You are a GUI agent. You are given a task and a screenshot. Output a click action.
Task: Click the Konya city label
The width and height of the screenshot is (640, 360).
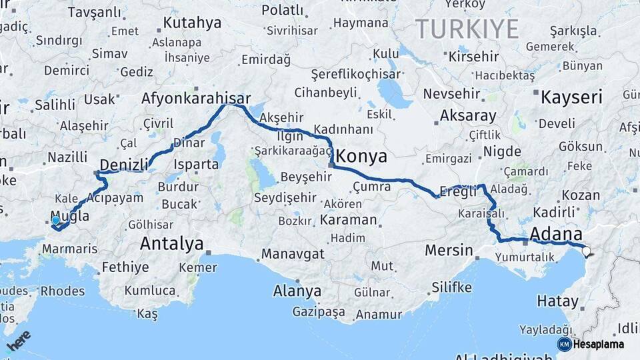[x=362, y=157]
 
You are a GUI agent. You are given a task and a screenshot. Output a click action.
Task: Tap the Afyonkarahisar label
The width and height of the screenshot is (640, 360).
[x=196, y=99]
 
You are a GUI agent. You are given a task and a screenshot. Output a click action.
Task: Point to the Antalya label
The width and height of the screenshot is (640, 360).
[x=171, y=244]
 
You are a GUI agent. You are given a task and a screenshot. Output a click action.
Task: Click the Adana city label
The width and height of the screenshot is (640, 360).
[x=555, y=235]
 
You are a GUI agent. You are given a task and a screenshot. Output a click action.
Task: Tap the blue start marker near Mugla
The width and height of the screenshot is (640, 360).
[x=55, y=220]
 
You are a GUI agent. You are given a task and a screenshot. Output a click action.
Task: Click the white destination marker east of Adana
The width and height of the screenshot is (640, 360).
[x=587, y=251]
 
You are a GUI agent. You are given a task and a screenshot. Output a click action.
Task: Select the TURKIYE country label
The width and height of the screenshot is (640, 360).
[x=467, y=29]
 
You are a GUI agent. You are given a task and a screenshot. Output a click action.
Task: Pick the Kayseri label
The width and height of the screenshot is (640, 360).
[x=571, y=97]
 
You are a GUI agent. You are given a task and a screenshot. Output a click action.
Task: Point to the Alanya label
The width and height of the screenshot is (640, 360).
[x=297, y=291]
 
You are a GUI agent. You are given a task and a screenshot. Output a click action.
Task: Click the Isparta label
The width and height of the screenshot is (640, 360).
[x=195, y=164]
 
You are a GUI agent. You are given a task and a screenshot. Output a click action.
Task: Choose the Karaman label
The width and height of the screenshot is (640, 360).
[x=348, y=219]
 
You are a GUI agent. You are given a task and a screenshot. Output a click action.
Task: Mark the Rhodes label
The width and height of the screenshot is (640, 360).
[x=63, y=291]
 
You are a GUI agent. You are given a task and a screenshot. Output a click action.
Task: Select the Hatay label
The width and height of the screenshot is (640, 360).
[x=557, y=301]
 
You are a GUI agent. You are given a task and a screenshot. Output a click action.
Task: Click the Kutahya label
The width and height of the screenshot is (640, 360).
[x=191, y=23]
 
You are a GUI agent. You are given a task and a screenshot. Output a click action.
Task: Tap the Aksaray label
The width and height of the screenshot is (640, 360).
[x=468, y=115]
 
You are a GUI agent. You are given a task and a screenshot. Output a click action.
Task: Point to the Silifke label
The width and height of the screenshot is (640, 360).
[x=451, y=288]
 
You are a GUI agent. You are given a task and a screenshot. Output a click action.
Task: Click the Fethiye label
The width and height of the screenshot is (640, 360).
[x=125, y=268]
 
